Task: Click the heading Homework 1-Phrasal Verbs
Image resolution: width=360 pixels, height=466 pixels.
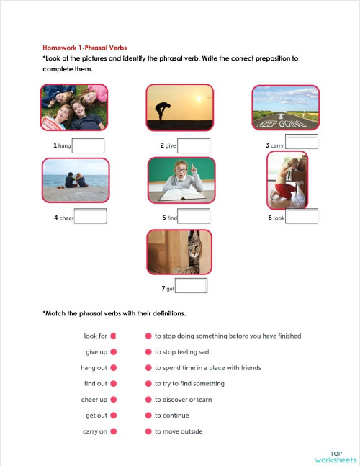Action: click(84, 47)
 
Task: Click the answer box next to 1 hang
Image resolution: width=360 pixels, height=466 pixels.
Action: click(88, 145)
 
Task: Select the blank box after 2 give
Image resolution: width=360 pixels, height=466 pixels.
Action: click(194, 145)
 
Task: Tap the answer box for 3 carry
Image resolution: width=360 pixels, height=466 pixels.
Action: click(302, 142)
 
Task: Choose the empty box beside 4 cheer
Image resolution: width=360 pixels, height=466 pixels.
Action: click(90, 216)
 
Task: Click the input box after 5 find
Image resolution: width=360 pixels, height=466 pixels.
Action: click(194, 216)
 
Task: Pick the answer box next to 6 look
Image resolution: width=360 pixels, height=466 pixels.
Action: click(302, 216)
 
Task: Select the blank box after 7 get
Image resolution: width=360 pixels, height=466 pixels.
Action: click(192, 287)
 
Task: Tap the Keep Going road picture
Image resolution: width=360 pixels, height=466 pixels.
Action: click(286, 108)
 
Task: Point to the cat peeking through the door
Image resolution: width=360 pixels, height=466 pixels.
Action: click(179, 253)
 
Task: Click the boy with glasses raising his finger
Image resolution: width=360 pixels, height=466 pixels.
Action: click(181, 179)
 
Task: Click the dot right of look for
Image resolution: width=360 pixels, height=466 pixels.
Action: click(114, 336)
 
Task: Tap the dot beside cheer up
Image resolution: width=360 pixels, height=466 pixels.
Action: click(114, 400)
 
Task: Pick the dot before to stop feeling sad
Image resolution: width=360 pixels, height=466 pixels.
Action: click(148, 351)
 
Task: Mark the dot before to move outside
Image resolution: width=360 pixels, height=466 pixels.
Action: click(148, 431)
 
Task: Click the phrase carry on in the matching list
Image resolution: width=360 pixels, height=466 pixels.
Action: click(95, 431)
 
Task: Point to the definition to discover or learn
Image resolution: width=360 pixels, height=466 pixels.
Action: click(183, 400)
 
